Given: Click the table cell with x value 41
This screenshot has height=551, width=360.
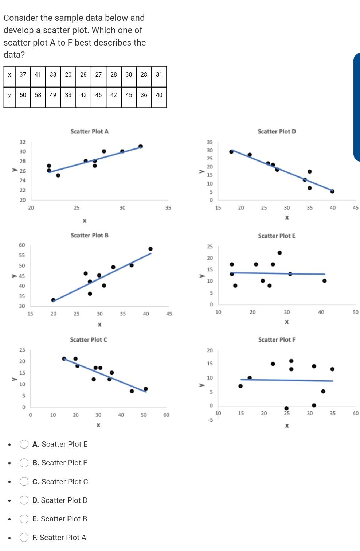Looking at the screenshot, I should click(x=38, y=74).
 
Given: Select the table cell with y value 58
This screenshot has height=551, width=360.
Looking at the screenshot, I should click(x=38, y=95).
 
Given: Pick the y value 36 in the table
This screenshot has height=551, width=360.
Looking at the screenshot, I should click(x=144, y=95).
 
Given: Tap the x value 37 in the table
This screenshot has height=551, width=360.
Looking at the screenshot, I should click(x=23, y=74).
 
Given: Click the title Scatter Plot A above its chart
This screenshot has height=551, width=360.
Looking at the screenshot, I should click(x=89, y=132).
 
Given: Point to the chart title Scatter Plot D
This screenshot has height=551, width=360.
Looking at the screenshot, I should click(x=277, y=132).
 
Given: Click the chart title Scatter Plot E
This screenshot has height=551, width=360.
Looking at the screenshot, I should click(x=277, y=236).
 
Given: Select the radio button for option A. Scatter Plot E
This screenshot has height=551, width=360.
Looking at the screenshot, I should click(x=24, y=444).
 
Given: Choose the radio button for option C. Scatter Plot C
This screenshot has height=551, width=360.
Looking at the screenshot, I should click(x=24, y=482).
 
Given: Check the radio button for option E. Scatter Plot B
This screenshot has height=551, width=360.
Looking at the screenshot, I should click(x=24, y=519).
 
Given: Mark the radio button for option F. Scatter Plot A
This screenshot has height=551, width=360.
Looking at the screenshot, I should click(x=24, y=538).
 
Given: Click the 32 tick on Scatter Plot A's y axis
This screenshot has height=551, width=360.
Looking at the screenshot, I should click(x=23, y=142).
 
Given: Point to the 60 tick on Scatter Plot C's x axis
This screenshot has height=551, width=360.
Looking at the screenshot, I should click(x=166, y=415).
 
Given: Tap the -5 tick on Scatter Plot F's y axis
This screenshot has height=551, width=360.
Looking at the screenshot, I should click(x=210, y=420).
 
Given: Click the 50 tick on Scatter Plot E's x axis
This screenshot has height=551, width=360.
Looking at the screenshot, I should click(x=355, y=312).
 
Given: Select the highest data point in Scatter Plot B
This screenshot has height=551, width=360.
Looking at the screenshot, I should click(x=150, y=249).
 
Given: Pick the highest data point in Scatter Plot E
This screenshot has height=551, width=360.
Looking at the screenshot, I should click(x=279, y=253).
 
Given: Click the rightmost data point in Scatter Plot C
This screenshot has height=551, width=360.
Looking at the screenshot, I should click(x=146, y=389).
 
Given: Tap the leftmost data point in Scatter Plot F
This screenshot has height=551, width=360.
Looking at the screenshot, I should click(x=240, y=386).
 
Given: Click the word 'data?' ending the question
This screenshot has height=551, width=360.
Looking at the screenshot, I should click(x=14, y=55).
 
